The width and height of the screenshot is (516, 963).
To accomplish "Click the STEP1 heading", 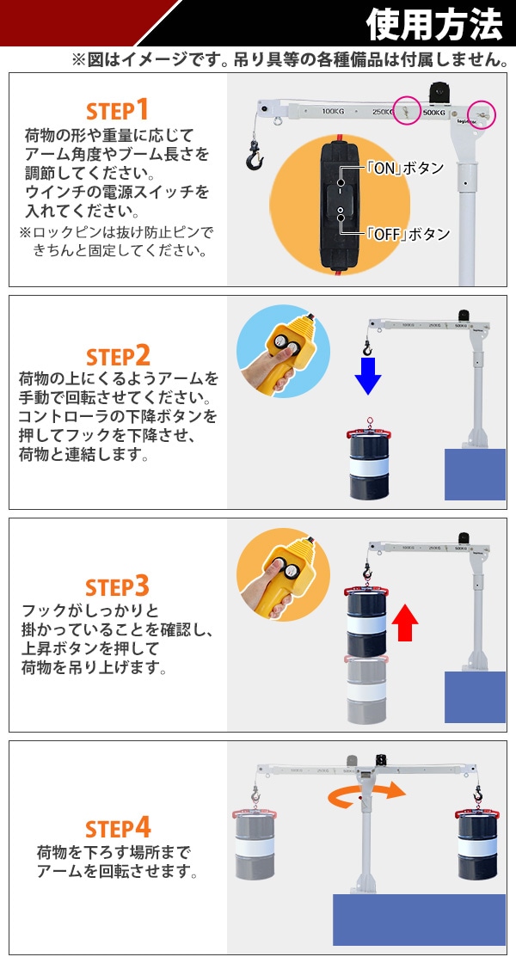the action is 117,111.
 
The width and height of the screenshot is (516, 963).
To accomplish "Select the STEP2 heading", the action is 118,356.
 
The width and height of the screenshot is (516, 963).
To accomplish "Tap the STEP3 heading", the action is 117,587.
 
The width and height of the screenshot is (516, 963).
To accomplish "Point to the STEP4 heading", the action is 118,828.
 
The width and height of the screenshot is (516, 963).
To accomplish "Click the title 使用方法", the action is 434,24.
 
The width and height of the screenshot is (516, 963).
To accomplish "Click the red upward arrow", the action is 404,623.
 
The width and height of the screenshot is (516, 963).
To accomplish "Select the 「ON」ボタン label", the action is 404,168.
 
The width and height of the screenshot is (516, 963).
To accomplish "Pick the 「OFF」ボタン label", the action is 408,234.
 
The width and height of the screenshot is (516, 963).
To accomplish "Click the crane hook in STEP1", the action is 255,156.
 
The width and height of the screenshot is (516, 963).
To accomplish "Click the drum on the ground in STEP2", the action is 369,463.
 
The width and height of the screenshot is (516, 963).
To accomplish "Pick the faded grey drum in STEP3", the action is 366,689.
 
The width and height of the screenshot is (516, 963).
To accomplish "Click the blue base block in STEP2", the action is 475,474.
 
